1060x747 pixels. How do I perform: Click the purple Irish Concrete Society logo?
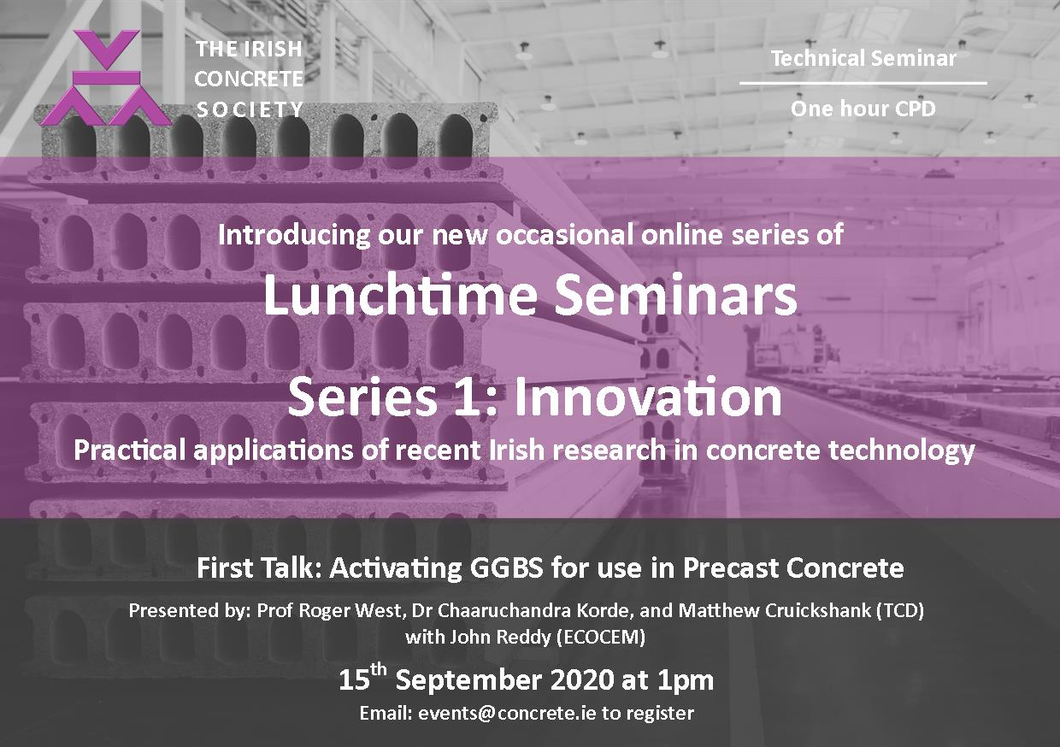106,78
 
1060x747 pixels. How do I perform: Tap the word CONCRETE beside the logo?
249,79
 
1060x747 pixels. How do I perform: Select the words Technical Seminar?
863,59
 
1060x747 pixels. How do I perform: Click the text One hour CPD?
863,109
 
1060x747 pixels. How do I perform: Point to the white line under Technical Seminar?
863,83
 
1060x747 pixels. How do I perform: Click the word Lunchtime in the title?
400,295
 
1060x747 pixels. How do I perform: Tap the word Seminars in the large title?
675,295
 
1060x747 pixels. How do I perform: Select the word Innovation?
648,397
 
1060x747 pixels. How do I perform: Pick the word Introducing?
294,235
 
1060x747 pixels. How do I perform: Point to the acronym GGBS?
506,568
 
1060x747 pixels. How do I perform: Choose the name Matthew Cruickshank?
775,611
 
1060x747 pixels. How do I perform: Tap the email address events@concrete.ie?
507,713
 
